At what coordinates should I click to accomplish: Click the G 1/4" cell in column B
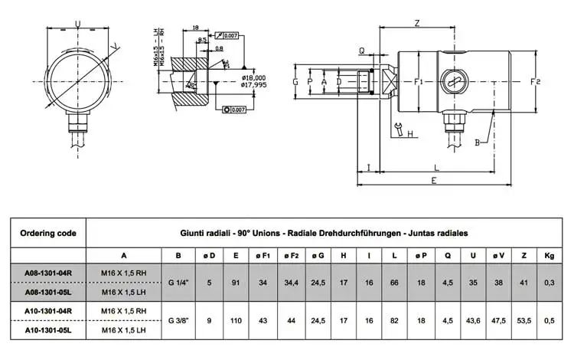tap(178, 281)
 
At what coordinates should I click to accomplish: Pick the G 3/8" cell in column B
tap(178, 320)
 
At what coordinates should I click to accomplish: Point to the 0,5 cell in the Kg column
tap(549, 320)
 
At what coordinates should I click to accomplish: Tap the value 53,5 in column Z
tap(523, 320)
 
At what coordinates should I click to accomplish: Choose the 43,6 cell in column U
tap(473, 320)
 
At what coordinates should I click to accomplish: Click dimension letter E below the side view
tap(433, 181)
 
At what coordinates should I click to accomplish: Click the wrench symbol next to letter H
tap(397, 129)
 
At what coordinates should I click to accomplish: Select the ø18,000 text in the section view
tap(253, 78)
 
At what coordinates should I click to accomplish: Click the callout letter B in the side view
tap(477, 143)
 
